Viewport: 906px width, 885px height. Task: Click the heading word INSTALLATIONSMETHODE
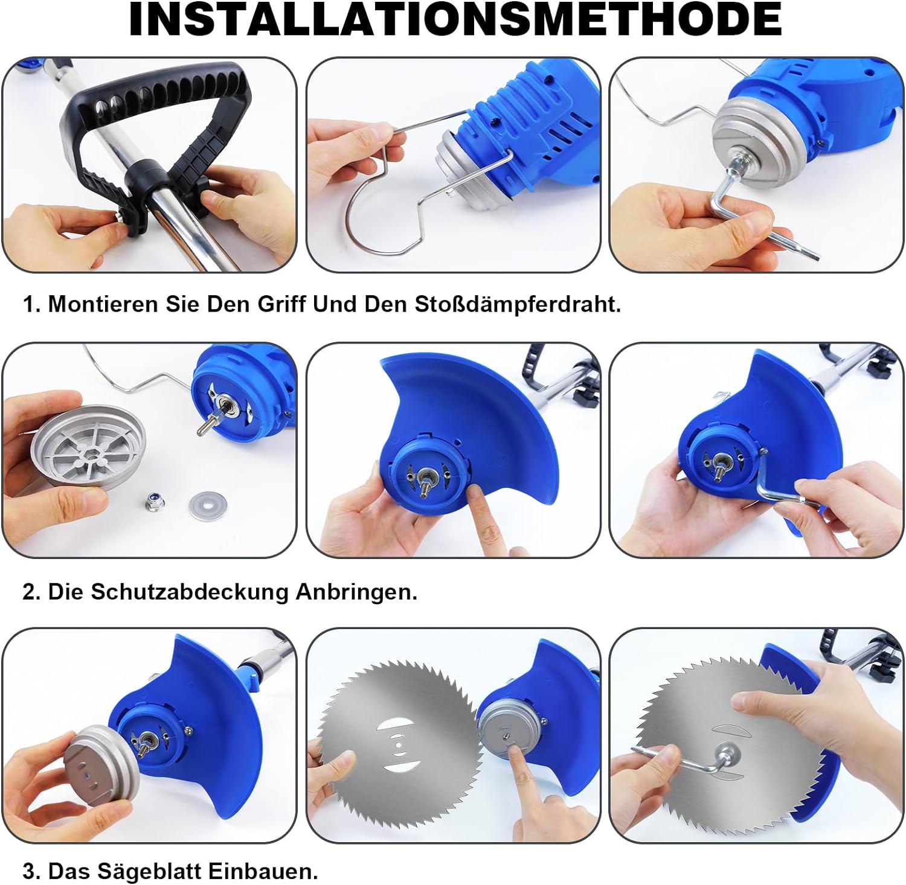(455, 19)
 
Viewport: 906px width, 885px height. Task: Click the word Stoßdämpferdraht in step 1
(518, 304)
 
